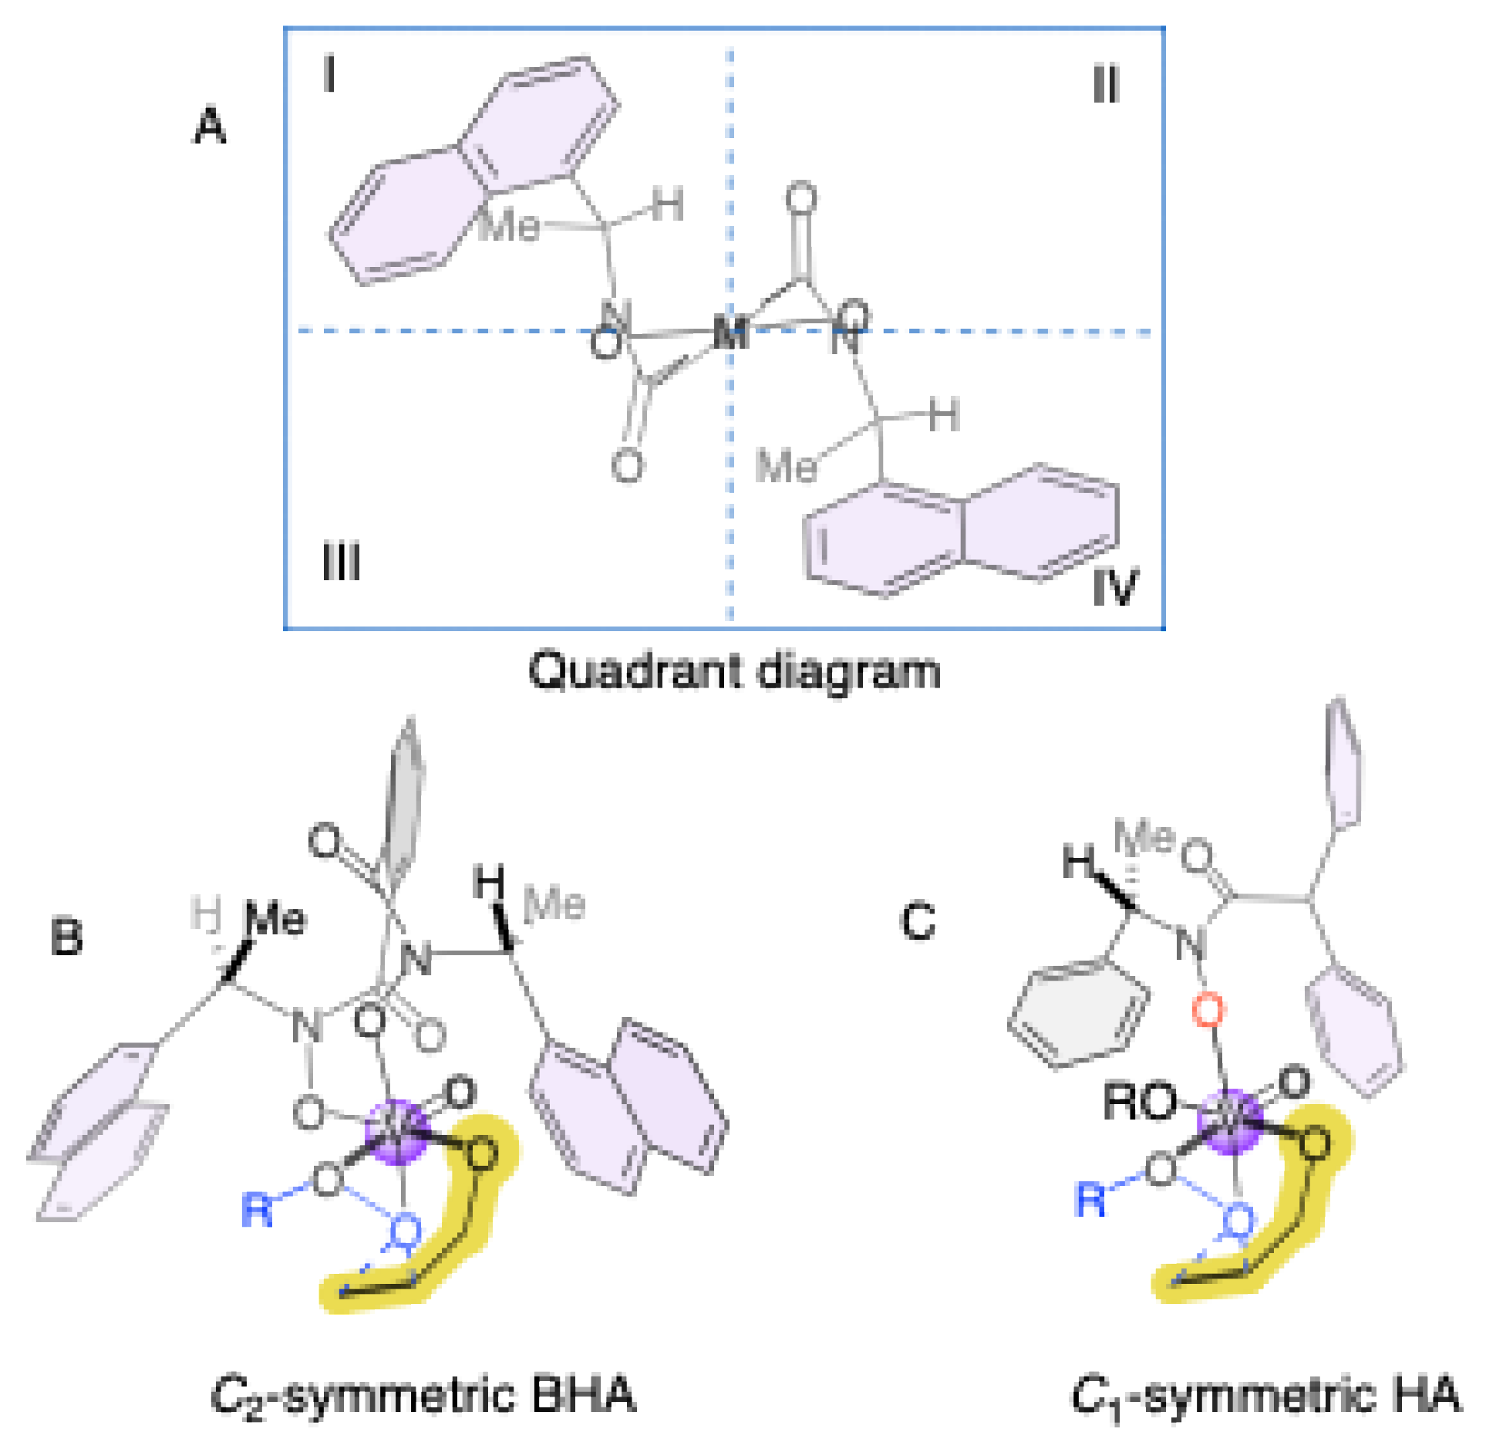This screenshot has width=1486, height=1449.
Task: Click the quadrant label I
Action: click(329, 76)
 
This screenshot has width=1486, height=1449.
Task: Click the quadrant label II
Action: click(1105, 84)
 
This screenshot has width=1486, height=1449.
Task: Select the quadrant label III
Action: click(341, 562)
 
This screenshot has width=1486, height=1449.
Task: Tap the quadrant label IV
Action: click(1115, 586)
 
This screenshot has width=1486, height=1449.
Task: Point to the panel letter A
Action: click(209, 127)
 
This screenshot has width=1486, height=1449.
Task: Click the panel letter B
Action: click(66, 938)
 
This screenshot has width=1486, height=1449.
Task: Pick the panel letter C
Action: click(918, 921)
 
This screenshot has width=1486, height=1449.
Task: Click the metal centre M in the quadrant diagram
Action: click(730, 333)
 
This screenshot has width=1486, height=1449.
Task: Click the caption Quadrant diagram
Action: click(734, 672)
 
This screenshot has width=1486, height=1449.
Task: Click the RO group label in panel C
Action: click(1140, 1102)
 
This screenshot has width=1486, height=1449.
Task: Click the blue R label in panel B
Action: click(258, 1209)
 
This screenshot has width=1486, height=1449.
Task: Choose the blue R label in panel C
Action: click(1090, 1200)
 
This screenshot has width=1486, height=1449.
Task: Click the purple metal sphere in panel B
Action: click(398, 1131)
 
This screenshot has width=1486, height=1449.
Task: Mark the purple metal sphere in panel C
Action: click(1232, 1121)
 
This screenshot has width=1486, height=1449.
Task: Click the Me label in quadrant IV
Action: click(785, 466)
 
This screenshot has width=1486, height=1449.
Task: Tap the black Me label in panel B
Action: click(275, 920)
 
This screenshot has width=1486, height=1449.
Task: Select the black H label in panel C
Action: click(1077, 862)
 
